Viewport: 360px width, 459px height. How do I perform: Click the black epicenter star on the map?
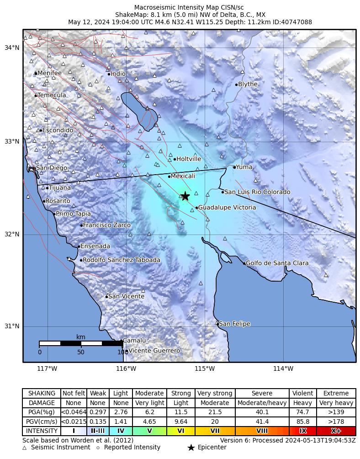coord(185,196)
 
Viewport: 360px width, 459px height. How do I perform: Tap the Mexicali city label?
coord(183,176)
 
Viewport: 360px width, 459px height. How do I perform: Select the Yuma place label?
coord(244,167)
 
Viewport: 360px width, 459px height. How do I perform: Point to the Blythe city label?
coord(248,84)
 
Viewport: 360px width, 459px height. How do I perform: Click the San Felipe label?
coord(235,324)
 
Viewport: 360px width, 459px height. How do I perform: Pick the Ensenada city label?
coord(95,246)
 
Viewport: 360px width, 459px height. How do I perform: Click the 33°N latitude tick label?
coord(12,141)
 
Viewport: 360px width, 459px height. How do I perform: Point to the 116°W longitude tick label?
coord(126,368)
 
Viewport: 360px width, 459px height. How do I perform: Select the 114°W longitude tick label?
coord(283,368)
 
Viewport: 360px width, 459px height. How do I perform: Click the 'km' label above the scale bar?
coord(81,337)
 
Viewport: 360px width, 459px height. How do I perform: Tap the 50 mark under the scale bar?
coord(81,352)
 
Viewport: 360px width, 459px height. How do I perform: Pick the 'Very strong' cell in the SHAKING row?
coord(215,394)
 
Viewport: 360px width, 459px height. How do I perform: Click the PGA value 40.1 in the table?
coord(262,412)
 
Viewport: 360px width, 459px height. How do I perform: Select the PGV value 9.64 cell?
coord(181,422)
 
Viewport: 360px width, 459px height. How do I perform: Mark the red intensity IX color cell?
coord(303,431)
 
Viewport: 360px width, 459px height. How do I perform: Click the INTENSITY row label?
coord(42,431)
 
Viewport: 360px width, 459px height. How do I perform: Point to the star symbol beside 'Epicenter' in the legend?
coord(191,448)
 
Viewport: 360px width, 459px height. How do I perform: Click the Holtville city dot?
coord(175,159)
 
